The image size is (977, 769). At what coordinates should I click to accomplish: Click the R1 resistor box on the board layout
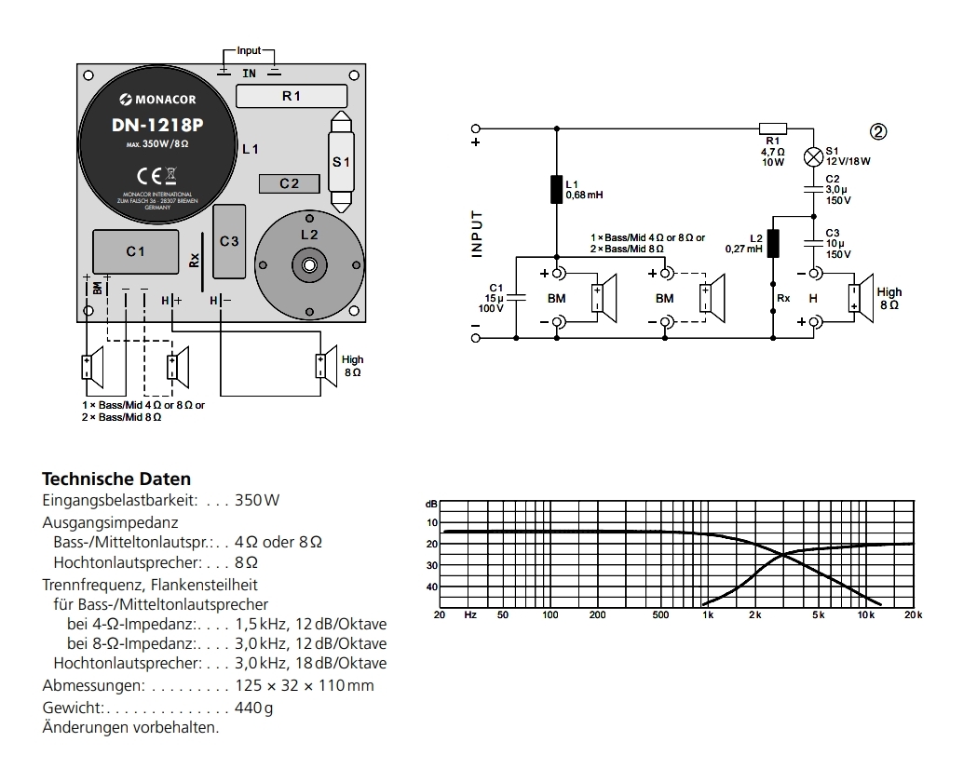(x=292, y=96)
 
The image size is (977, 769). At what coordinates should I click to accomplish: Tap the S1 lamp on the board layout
(x=341, y=161)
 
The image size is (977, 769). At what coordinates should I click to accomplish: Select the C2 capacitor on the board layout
(x=290, y=183)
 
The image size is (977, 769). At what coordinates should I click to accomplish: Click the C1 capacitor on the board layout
(x=136, y=251)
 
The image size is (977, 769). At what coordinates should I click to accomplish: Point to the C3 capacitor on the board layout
(x=229, y=241)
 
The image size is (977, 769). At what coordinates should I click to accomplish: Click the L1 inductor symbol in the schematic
(x=556, y=189)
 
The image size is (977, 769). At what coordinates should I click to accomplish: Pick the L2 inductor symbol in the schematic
(x=772, y=243)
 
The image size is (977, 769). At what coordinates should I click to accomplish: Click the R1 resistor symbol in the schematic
(x=772, y=128)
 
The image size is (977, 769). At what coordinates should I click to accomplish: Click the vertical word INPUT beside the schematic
(x=478, y=233)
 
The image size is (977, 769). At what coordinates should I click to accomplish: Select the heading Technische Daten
(x=116, y=479)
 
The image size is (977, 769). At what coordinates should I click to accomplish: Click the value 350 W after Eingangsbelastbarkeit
(x=258, y=500)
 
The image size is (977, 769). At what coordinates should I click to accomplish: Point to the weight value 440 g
(x=255, y=708)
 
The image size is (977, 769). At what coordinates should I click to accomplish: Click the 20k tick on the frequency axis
(x=913, y=614)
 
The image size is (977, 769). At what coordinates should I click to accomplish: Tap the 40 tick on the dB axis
(x=431, y=587)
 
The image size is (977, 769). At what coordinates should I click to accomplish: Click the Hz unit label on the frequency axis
(x=470, y=614)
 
